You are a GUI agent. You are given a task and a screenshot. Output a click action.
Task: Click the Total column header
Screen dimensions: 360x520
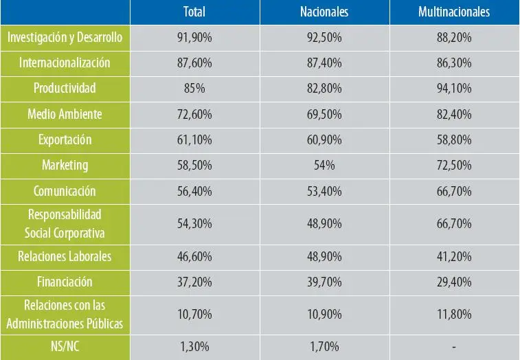195,12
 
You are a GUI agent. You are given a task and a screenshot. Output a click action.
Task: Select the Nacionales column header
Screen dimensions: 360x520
324,12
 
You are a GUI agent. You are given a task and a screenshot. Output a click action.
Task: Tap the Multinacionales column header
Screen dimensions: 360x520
454,12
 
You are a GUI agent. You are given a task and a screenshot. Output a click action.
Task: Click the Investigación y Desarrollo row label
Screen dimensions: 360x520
65,37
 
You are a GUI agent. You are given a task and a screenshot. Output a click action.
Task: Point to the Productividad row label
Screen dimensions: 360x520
65,88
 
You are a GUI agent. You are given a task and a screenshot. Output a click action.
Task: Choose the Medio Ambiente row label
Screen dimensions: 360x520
65,114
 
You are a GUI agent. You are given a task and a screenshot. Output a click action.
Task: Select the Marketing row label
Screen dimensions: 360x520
65,165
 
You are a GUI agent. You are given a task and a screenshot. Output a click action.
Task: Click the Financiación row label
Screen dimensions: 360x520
65,282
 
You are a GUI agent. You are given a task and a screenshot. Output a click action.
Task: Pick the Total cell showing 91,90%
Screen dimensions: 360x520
195,38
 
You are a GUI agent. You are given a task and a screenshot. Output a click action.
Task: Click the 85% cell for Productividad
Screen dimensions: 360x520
195,89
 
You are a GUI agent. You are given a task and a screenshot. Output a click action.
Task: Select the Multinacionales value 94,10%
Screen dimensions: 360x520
454,89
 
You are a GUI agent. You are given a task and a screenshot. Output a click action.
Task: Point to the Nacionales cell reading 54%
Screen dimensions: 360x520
324,166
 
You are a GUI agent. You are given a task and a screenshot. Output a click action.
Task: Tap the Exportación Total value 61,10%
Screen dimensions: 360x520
195,140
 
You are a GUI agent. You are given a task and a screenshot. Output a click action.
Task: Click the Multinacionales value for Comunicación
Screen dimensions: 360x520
454,191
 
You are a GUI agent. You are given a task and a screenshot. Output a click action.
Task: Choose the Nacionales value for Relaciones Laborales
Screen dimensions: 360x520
324,256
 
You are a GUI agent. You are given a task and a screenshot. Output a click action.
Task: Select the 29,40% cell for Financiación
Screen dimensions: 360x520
454,282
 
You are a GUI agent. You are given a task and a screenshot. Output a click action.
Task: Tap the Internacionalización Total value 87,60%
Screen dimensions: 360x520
195,63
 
